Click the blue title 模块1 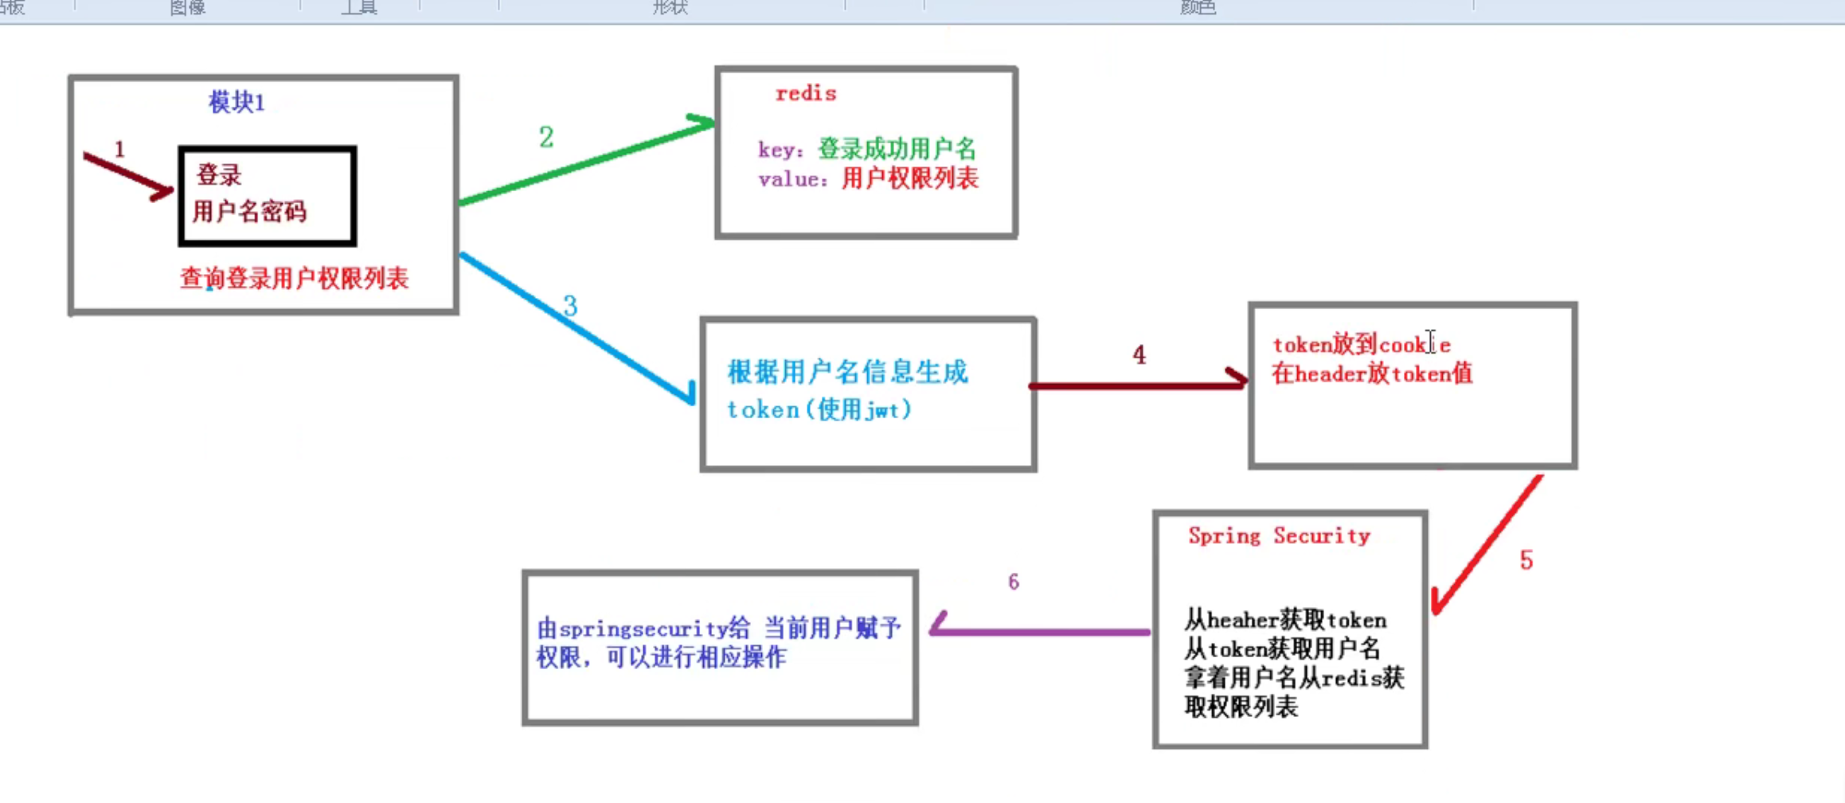pos(236,103)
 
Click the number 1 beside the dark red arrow pos(119,149)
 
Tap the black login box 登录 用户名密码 pos(268,195)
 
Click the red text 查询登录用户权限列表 pos(294,279)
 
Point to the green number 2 pos(546,137)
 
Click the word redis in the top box pos(806,94)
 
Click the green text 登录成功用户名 pos(897,149)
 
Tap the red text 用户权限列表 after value pos(909,178)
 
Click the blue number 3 pos(570,306)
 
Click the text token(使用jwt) pos(819,410)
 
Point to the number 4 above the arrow pos(1139,355)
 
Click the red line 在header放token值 pos(1372,374)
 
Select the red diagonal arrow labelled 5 pos(1486,545)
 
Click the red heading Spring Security pos(1279,536)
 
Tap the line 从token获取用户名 pos(1282,649)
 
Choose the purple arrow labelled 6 pos(1040,631)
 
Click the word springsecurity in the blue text pos(643,629)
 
